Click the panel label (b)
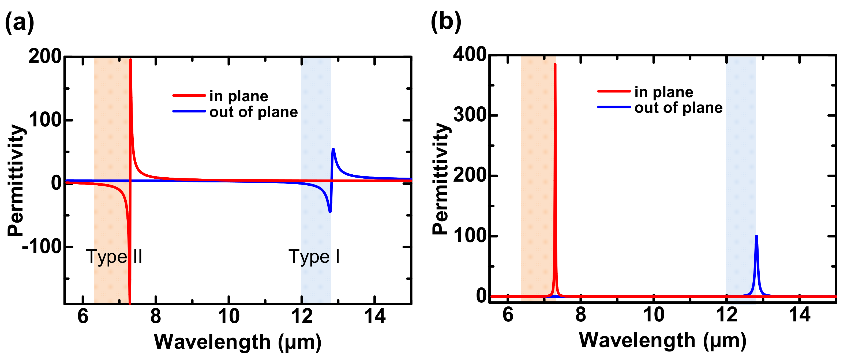tap(446, 22)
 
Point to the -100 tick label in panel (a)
tap(42, 246)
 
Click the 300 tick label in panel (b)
tap(470, 115)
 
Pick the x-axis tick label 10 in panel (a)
tap(228, 316)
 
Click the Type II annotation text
tap(114, 257)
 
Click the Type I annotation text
tap(314, 257)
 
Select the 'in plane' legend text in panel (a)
tap(238, 96)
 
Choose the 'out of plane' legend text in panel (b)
tap(678, 108)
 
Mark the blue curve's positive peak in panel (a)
tap(333, 149)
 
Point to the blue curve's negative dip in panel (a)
tap(330, 211)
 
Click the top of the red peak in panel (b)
tap(555, 64)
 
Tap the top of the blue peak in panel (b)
tap(756, 236)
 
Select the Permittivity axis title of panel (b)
tap(441, 178)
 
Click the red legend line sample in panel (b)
tap(614, 91)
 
